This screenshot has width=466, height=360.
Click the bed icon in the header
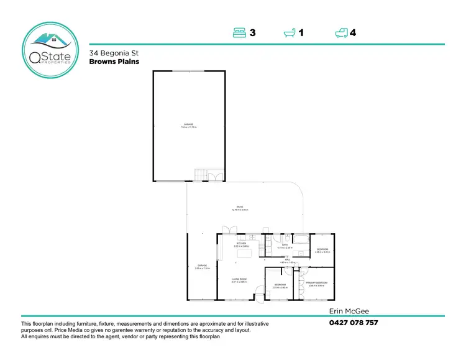point(240,33)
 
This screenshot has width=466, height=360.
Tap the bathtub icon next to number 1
point(290,33)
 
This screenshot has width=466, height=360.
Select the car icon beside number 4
point(341,33)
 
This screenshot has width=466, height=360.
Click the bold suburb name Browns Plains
point(114,62)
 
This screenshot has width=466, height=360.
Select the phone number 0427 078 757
point(353,323)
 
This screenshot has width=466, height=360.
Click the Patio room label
point(239,208)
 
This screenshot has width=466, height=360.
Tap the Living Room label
point(240,280)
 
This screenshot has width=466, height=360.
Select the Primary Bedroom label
point(316,284)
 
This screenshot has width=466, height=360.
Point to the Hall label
point(288,261)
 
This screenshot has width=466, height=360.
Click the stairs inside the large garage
point(200,175)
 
